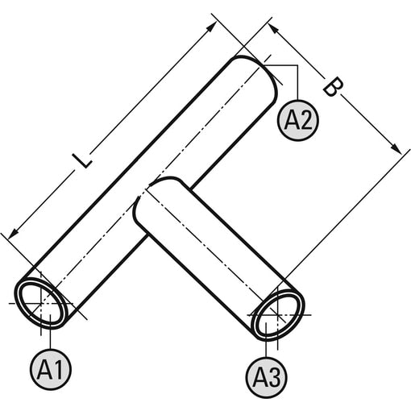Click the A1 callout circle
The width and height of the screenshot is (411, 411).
click(51, 369)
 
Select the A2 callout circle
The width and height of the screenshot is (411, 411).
click(298, 120)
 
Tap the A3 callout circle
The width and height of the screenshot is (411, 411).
click(266, 378)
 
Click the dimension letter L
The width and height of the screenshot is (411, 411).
click(83, 160)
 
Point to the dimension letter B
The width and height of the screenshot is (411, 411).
click(333, 86)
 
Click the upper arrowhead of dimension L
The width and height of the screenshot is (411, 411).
click(212, 27)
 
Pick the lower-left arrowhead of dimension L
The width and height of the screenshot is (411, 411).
click(12, 235)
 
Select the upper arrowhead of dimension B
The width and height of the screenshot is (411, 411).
click(272, 28)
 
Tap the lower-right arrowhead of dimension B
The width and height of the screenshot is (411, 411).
click(396, 148)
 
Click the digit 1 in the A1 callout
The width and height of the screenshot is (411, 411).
click(58, 369)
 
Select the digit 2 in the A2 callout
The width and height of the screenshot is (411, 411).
click(305, 120)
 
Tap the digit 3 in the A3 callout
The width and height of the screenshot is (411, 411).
click(274, 378)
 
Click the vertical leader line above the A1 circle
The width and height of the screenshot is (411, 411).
click(51, 331)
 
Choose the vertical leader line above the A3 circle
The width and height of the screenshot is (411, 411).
click(266, 340)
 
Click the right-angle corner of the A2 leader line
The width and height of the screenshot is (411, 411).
click(297, 65)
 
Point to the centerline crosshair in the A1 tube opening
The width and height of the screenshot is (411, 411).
click(41, 304)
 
